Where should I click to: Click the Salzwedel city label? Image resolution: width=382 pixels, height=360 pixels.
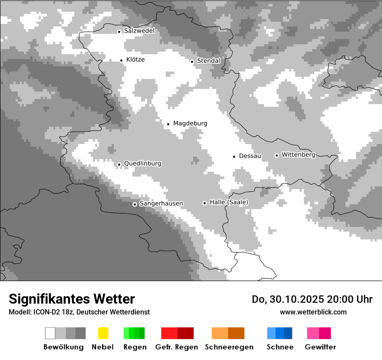coord(139,31)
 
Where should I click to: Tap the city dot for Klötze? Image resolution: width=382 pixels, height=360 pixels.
coord(121,60)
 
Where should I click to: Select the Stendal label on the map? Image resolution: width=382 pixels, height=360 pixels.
coord(208,61)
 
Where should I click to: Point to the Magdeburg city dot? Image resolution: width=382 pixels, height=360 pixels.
coord(168,124)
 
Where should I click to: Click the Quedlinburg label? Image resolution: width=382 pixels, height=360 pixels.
coord(142,164)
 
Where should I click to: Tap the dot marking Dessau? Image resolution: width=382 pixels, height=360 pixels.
coord(234,156)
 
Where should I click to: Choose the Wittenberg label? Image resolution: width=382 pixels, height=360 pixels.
coord(298,154)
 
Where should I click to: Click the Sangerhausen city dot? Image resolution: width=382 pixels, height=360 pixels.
coord(135,204)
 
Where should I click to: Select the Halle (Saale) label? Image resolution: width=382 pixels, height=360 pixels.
coord(229,202)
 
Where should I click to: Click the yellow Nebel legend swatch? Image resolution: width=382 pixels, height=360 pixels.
coord(103,333)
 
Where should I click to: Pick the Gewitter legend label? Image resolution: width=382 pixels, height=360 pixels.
coord(320,347)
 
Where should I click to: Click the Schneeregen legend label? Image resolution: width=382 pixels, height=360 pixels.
coord(229,347)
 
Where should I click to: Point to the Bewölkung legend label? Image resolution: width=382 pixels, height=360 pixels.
coord(63,347)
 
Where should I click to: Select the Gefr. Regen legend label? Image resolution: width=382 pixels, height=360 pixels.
coord(177,347)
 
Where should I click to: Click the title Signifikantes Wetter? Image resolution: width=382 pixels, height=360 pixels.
coord(72,299)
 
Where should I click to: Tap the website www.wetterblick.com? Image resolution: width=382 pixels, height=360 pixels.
coord(313,312)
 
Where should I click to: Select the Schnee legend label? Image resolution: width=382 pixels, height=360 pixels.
coord(280,347)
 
